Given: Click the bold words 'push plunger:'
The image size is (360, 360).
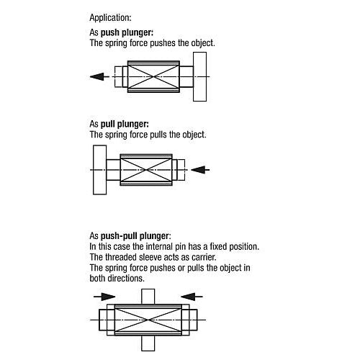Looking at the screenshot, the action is (x=127, y=32).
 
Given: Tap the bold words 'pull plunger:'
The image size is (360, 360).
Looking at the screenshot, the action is (x=125, y=124).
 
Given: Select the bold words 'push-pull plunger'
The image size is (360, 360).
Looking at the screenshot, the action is (x=135, y=236).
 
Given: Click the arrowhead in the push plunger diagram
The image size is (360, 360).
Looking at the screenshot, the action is (x=97, y=76).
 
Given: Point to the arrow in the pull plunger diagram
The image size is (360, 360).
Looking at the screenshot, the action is (x=200, y=170).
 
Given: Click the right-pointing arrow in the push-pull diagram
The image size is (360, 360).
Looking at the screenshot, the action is (x=104, y=297).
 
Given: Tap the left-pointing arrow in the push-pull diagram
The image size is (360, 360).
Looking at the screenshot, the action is (x=192, y=297).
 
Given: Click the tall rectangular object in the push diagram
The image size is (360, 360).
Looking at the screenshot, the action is (x=199, y=77).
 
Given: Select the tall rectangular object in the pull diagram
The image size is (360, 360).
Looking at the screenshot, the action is (x=99, y=170).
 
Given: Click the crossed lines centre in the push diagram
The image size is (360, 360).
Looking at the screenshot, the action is (x=153, y=76).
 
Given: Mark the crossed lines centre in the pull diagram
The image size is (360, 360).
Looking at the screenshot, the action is (x=146, y=170).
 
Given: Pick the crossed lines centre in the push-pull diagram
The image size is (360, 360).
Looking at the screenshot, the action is (x=148, y=320).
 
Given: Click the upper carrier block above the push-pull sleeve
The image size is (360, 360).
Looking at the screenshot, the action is (x=148, y=297).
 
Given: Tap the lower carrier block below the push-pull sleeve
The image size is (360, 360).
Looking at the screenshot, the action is (x=148, y=343).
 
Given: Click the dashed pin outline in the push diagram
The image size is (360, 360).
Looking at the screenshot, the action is (x=115, y=76).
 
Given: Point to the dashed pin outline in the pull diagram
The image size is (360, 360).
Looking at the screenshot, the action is (x=184, y=170).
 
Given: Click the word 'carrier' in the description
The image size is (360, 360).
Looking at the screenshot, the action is (x=204, y=257).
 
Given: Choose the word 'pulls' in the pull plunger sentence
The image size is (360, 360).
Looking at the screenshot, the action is (x=158, y=135).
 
